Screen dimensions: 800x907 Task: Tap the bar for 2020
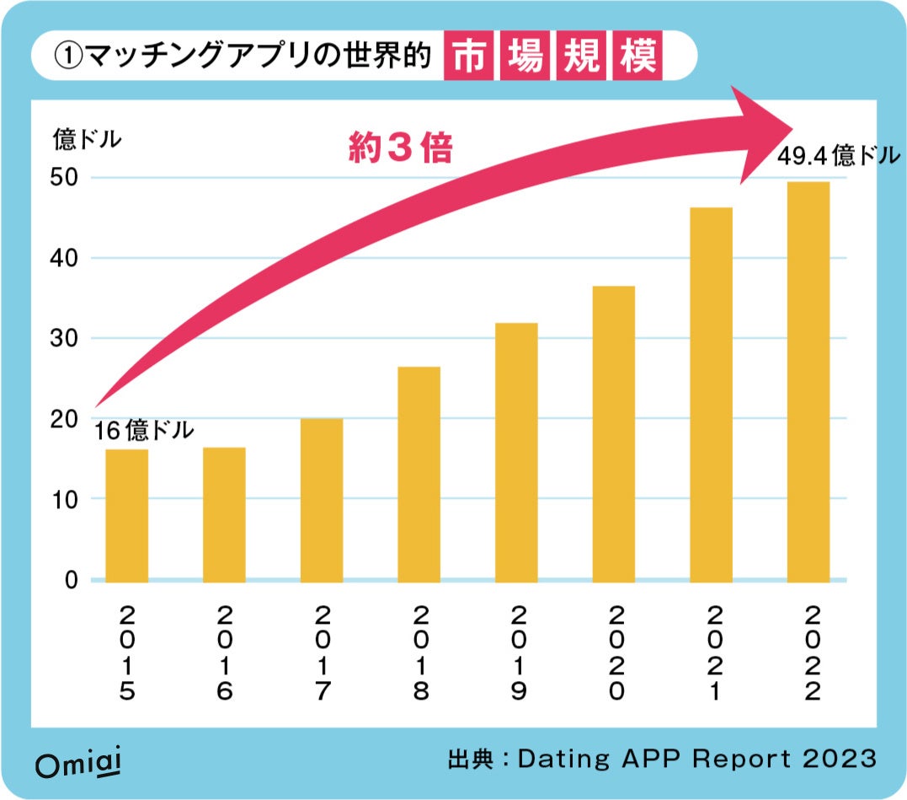click(614, 433)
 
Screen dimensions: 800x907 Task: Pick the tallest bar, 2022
click(808, 381)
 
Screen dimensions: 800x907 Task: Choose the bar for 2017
click(322, 499)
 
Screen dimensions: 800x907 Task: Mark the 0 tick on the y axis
click(72, 580)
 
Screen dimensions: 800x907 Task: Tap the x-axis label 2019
click(517, 652)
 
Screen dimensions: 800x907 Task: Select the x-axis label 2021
click(712, 652)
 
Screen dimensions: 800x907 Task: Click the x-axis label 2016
click(225, 652)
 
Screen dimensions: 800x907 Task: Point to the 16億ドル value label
click(143, 432)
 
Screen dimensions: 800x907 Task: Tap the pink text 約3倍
click(400, 149)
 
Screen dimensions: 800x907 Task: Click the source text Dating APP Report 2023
click(696, 759)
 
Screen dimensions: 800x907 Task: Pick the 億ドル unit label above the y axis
click(87, 139)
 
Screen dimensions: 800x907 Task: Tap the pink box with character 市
click(468, 56)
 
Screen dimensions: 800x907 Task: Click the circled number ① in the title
click(67, 56)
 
